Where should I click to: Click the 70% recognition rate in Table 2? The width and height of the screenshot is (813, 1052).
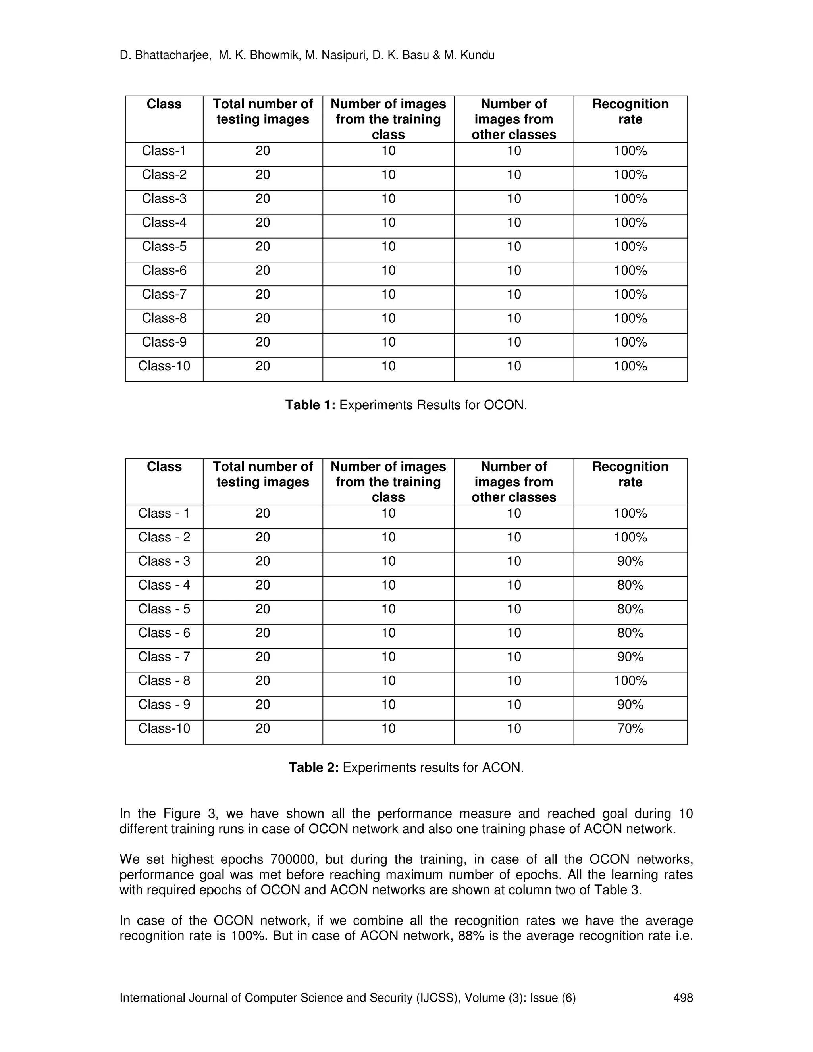[x=630, y=728]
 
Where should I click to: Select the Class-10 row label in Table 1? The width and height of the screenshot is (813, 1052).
[x=164, y=366]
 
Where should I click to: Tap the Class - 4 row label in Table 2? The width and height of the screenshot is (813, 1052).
[x=164, y=585]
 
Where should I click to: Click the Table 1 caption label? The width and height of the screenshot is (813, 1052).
[x=310, y=405]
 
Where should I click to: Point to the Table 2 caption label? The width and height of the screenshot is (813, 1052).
[x=314, y=767]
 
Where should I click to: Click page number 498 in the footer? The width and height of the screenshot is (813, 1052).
[x=682, y=998]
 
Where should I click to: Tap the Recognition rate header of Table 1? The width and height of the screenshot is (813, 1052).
[x=630, y=112]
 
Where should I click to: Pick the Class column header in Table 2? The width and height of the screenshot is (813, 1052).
[x=164, y=467]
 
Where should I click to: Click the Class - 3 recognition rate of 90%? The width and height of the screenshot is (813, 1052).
[x=630, y=561]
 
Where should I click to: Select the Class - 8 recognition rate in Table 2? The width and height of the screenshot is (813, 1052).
[x=630, y=680]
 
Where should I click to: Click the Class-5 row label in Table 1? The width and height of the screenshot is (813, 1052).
[x=164, y=247]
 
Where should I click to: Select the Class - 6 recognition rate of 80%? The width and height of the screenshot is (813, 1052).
[x=630, y=633]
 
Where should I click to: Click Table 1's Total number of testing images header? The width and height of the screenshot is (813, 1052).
[x=262, y=112]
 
